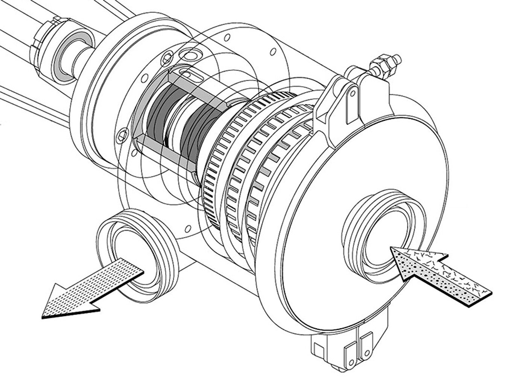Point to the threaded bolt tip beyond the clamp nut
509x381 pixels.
tap(397, 59)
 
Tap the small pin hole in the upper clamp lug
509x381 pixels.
tap(353, 92)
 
